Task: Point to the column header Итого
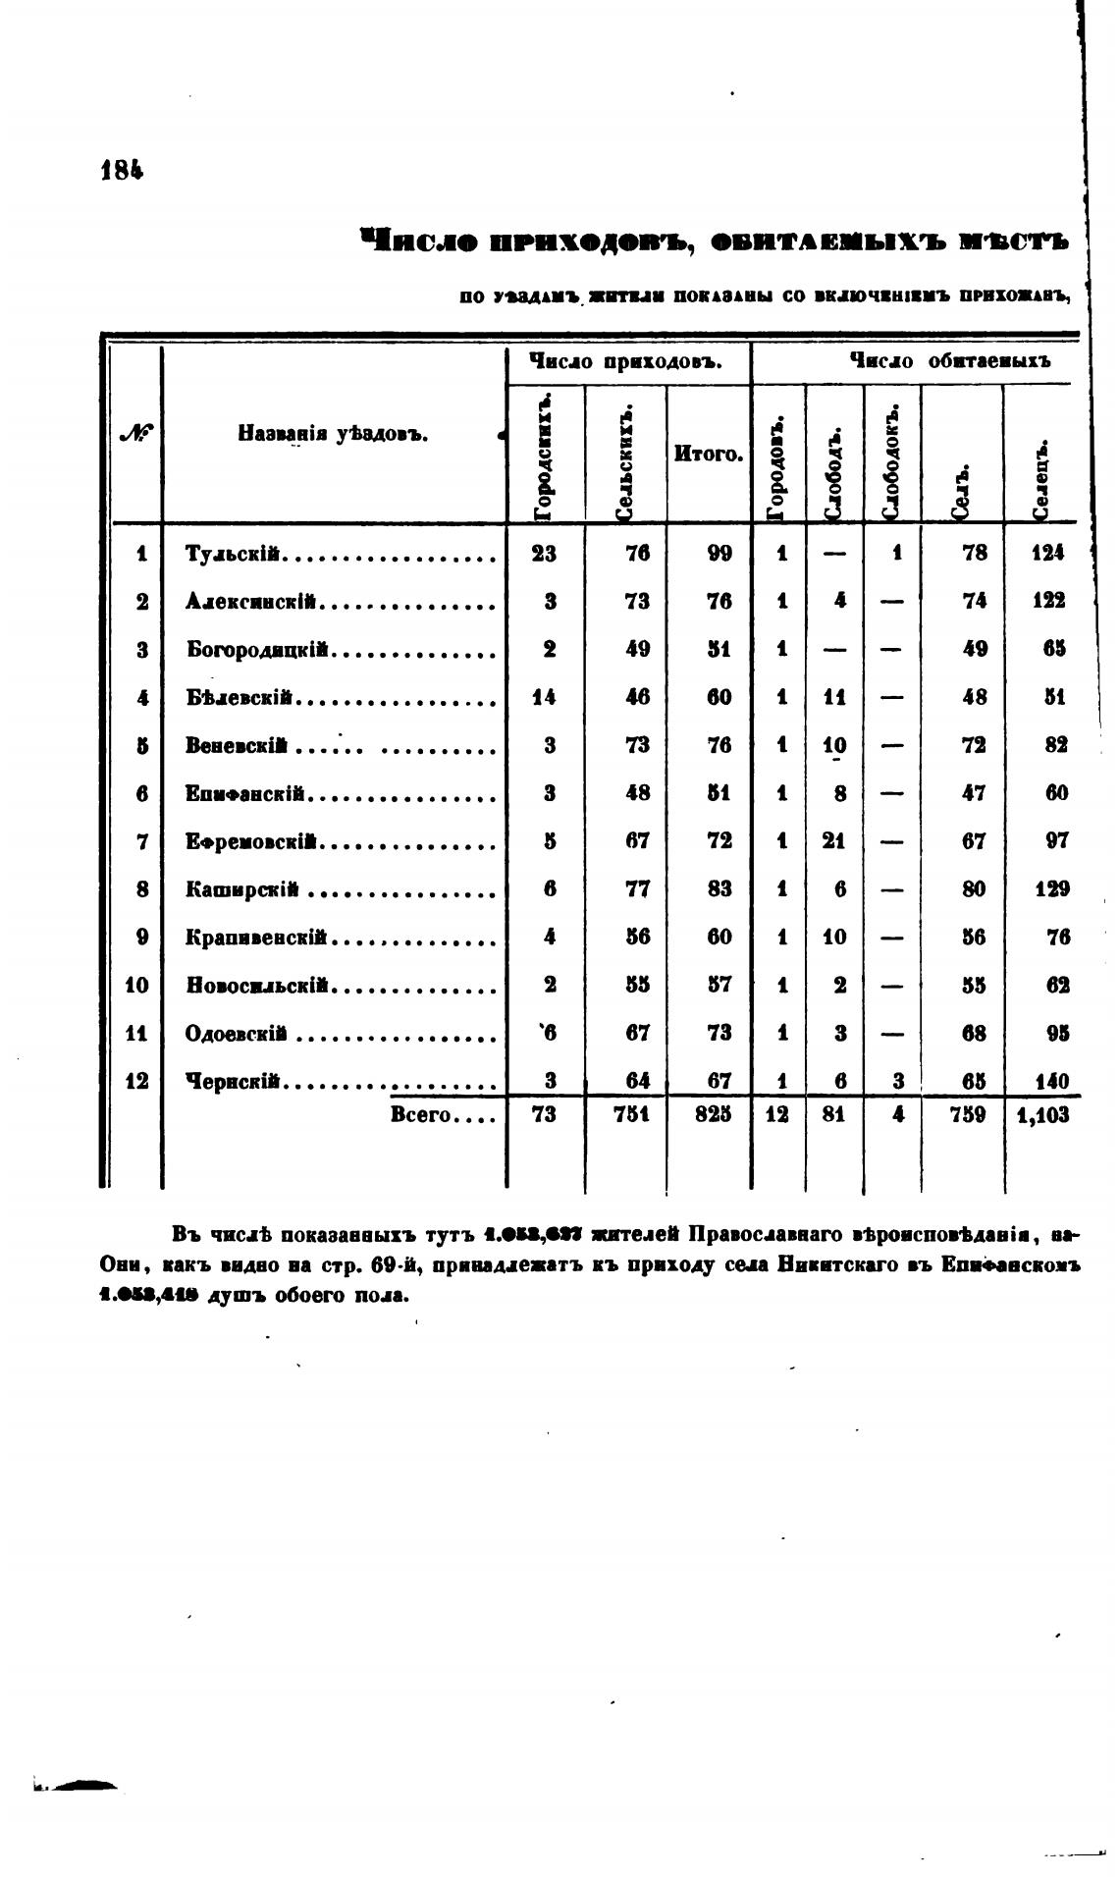tap(708, 455)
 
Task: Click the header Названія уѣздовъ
tap(332, 433)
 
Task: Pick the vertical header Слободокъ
tap(891, 459)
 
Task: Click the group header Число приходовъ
tap(626, 362)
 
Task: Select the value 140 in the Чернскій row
tap(1049, 1082)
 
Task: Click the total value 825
tap(719, 1115)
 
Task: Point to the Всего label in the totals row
tap(420, 1115)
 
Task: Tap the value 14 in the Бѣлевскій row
tap(544, 698)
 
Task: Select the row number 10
tap(137, 985)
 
